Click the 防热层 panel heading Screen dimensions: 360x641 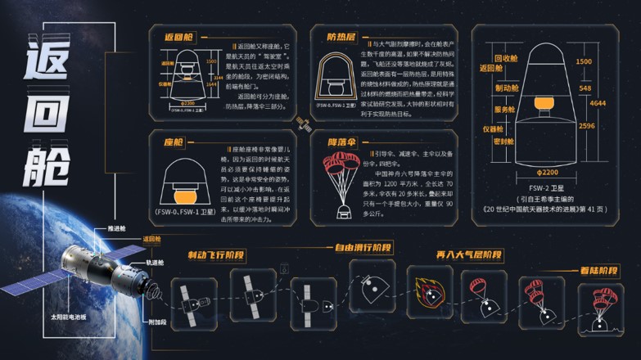tap(341, 36)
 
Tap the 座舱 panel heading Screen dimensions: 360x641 tap(174, 142)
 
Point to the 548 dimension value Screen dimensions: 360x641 tap(585, 88)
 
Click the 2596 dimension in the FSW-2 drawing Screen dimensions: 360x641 tap(585, 126)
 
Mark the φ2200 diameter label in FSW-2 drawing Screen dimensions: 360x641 tap(548, 173)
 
